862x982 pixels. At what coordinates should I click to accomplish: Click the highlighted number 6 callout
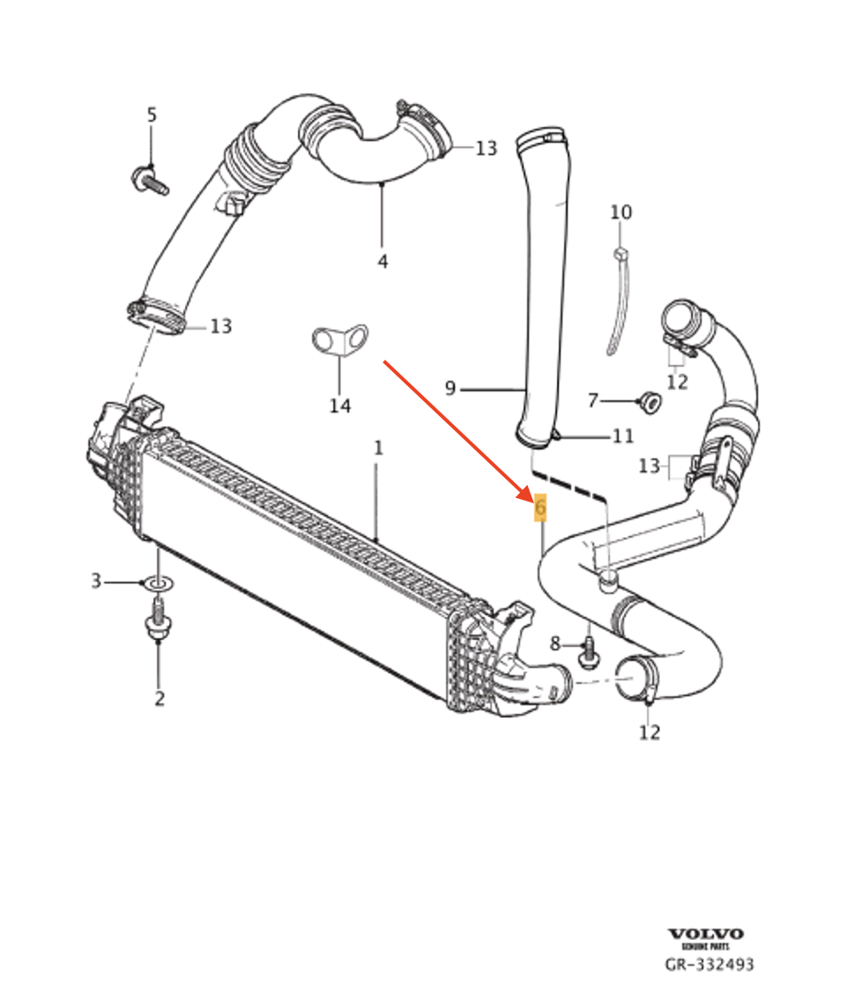point(540,508)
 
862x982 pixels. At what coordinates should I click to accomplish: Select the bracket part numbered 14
point(338,340)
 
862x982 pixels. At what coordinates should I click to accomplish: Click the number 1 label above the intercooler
point(378,448)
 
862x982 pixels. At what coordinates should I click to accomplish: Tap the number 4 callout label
point(383,262)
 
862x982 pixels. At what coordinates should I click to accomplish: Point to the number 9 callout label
point(450,388)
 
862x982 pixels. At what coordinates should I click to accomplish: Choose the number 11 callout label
point(623,435)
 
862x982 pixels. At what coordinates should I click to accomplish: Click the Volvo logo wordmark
point(705,934)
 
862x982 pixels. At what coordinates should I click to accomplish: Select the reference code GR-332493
point(710,965)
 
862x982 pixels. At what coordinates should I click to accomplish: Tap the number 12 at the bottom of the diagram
point(650,733)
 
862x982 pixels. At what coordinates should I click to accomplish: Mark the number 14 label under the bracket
point(340,405)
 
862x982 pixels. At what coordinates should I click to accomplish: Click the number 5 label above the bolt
point(152,115)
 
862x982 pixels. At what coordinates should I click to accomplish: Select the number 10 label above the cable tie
point(621,212)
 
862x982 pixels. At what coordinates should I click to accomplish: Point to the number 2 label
point(160,699)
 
